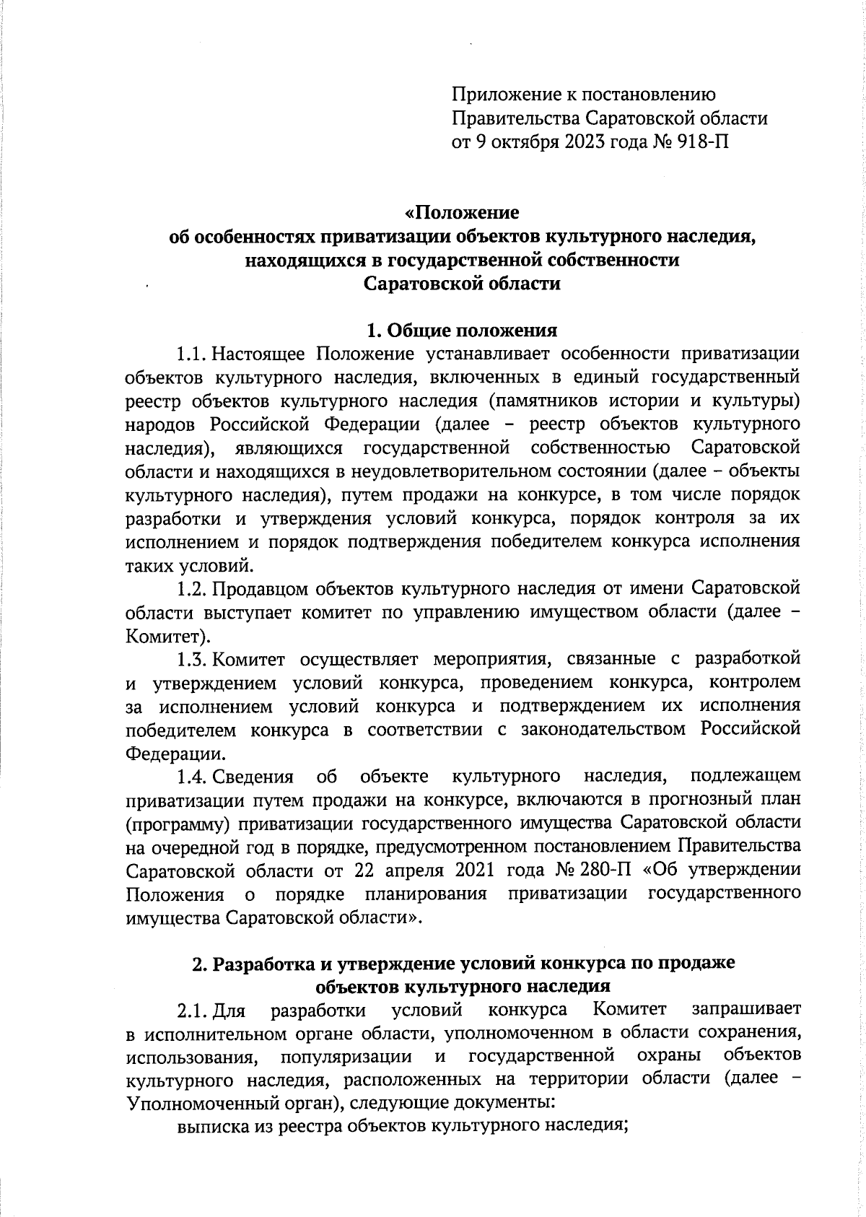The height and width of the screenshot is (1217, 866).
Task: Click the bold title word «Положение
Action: [x=462, y=214]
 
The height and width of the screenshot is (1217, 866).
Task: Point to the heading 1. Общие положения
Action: [x=462, y=331]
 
